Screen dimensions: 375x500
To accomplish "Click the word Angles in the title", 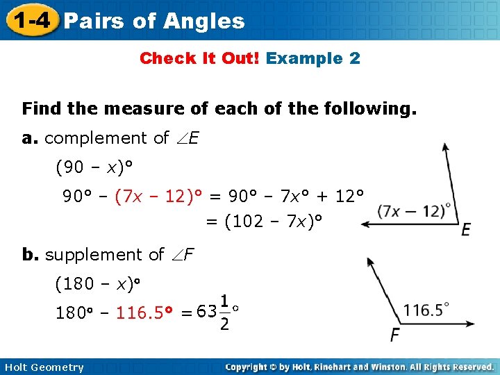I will [205, 22].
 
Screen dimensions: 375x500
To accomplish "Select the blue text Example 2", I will [313, 58].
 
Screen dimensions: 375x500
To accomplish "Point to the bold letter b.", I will [30, 255].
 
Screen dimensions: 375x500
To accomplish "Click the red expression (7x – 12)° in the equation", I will [159, 197].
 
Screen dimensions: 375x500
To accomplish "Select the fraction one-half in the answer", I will [224, 313].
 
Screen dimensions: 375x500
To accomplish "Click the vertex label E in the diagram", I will [466, 230].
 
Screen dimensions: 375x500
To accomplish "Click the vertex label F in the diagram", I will [394, 335].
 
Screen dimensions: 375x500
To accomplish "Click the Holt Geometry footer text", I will [42, 367].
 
